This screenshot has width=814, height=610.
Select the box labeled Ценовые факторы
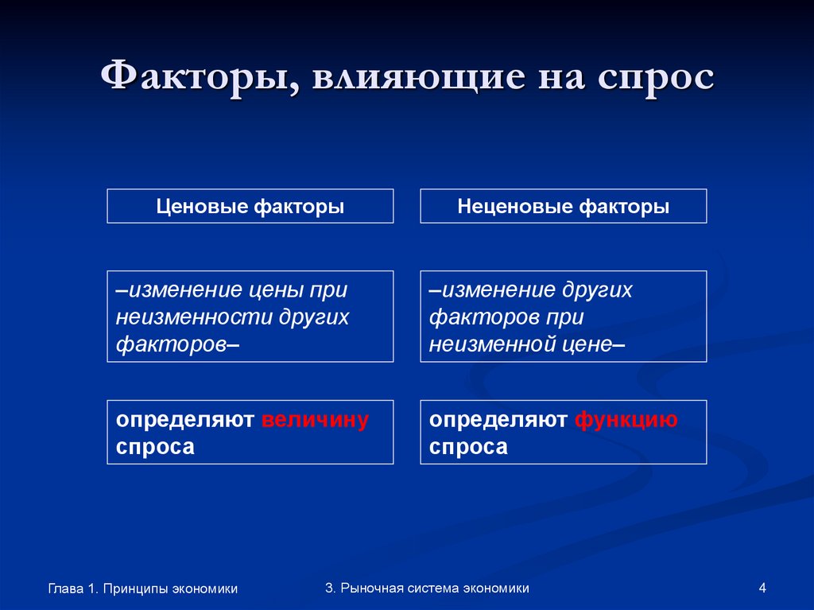[250, 207]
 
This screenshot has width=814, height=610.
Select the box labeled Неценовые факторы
[563, 207]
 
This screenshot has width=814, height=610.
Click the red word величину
[315, 420]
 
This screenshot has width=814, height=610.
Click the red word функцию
[626, 420]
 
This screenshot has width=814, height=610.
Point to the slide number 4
[762, 589]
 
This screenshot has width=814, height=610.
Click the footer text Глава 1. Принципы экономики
[143, 589]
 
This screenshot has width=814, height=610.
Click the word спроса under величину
[155, 447]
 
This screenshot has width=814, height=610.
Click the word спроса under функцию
[468, 447]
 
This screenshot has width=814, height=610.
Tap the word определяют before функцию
[498, 420]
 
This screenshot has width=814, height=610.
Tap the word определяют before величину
[185, 420]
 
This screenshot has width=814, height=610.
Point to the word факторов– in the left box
[178, 344]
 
